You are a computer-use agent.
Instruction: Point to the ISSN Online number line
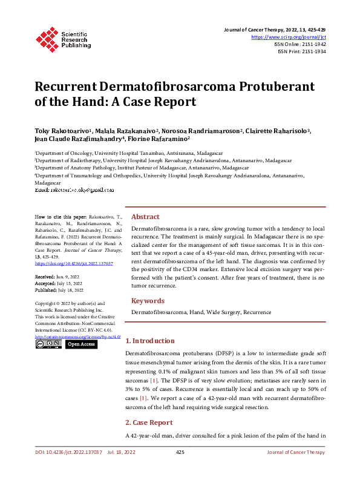pyautogui.click(x=299, y=44)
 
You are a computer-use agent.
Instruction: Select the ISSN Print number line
pyautogui.click(x=301, y=51)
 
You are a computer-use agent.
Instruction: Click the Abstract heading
pyautogui.click(x=145, y=217)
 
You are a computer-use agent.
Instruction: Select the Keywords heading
pyautogui.click(x=148, y=301)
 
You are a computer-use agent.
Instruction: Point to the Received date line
pyautogui.click(x=58, y=276)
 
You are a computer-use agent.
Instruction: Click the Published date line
pyautogui.click(x=60, y=289)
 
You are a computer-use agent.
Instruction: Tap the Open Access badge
pyautogui.click(x=81, y=344)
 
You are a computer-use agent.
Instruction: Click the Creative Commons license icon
pyautogui.click(x=48, y=344)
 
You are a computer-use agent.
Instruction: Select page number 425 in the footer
pyautogui.click(x=180, y=452)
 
